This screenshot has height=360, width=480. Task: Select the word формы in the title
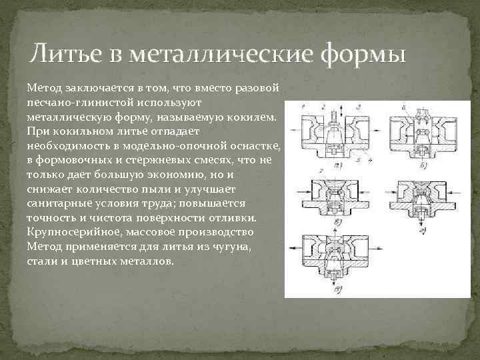pos(363,53)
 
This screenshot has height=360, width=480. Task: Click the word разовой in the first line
pos(262,88)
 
